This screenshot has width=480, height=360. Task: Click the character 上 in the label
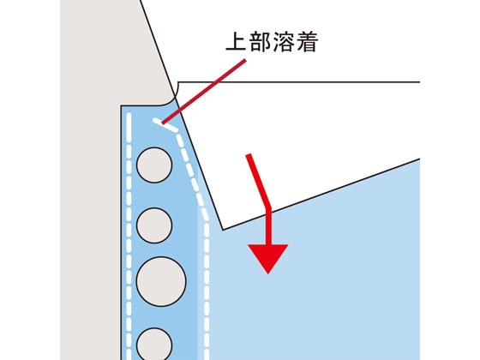[236, 41]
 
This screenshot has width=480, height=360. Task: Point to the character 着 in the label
[308, 41]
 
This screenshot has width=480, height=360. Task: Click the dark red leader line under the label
[204, 92]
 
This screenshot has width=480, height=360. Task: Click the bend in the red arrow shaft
[269, 208]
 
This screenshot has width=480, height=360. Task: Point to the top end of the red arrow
[249, 155]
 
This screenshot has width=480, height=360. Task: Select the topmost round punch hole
[154, 165]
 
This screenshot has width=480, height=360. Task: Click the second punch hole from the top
[154, 225]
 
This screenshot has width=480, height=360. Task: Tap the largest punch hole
[161, 281]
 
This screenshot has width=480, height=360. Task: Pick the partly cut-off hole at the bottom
[154, 344]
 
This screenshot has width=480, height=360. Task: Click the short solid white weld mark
[165, 125]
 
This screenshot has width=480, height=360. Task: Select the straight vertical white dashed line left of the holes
[129, 237]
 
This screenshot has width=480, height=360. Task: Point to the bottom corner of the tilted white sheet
[223, 230]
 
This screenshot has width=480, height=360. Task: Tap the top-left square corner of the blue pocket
[121, 106]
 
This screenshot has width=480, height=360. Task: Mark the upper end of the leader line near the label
[245, 60]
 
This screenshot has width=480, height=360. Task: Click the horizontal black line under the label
[298, 82]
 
